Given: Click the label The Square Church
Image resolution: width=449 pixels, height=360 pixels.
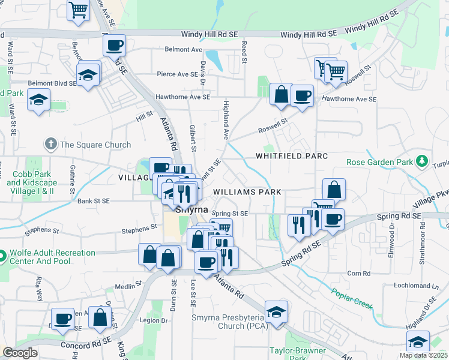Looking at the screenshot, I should (x=95, y=145).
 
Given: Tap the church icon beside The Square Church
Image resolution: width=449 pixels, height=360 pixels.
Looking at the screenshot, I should (x=51, y=144).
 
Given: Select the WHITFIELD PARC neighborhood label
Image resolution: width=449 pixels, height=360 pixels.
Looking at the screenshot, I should (x=292, y=156).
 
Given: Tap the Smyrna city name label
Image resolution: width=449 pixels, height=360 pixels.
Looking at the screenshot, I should (x=191, y=211).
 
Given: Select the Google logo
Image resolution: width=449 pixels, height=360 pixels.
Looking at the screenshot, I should (x=20, y=353).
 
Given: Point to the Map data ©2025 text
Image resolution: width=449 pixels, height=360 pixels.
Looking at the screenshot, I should (x=423, y=355).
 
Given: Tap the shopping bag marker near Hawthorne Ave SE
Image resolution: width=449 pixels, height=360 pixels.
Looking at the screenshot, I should (x=280, y=94).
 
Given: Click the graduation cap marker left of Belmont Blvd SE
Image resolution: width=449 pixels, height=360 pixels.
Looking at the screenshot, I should (x=39, y=100).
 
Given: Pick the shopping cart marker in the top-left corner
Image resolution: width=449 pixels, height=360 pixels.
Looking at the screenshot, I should (x=78, y=10).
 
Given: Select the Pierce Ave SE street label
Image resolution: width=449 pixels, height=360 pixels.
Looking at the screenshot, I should (x=177, y=74).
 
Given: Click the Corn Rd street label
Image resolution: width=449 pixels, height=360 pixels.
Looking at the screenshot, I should (x=358, y=273).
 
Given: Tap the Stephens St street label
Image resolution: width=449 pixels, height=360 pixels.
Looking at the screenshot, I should (x=139, y=230).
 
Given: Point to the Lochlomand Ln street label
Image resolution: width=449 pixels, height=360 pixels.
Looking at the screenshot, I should (x=414, y=286).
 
